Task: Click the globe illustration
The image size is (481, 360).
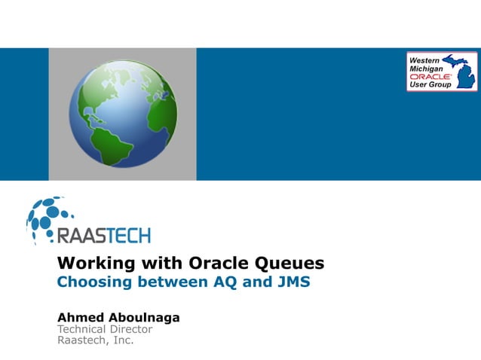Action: click(123, 114)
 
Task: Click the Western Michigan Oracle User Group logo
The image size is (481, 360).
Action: click(442, 72)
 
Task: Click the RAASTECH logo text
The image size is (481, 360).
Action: click(104, 235)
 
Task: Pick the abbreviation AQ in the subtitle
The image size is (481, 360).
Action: click(217, 283)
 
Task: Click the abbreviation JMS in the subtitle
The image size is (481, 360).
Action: click(291, 283)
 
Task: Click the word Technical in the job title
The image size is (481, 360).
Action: click(82, 329)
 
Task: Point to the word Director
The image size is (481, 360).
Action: click(131, 329)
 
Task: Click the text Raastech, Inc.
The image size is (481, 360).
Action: click(96, 340)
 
